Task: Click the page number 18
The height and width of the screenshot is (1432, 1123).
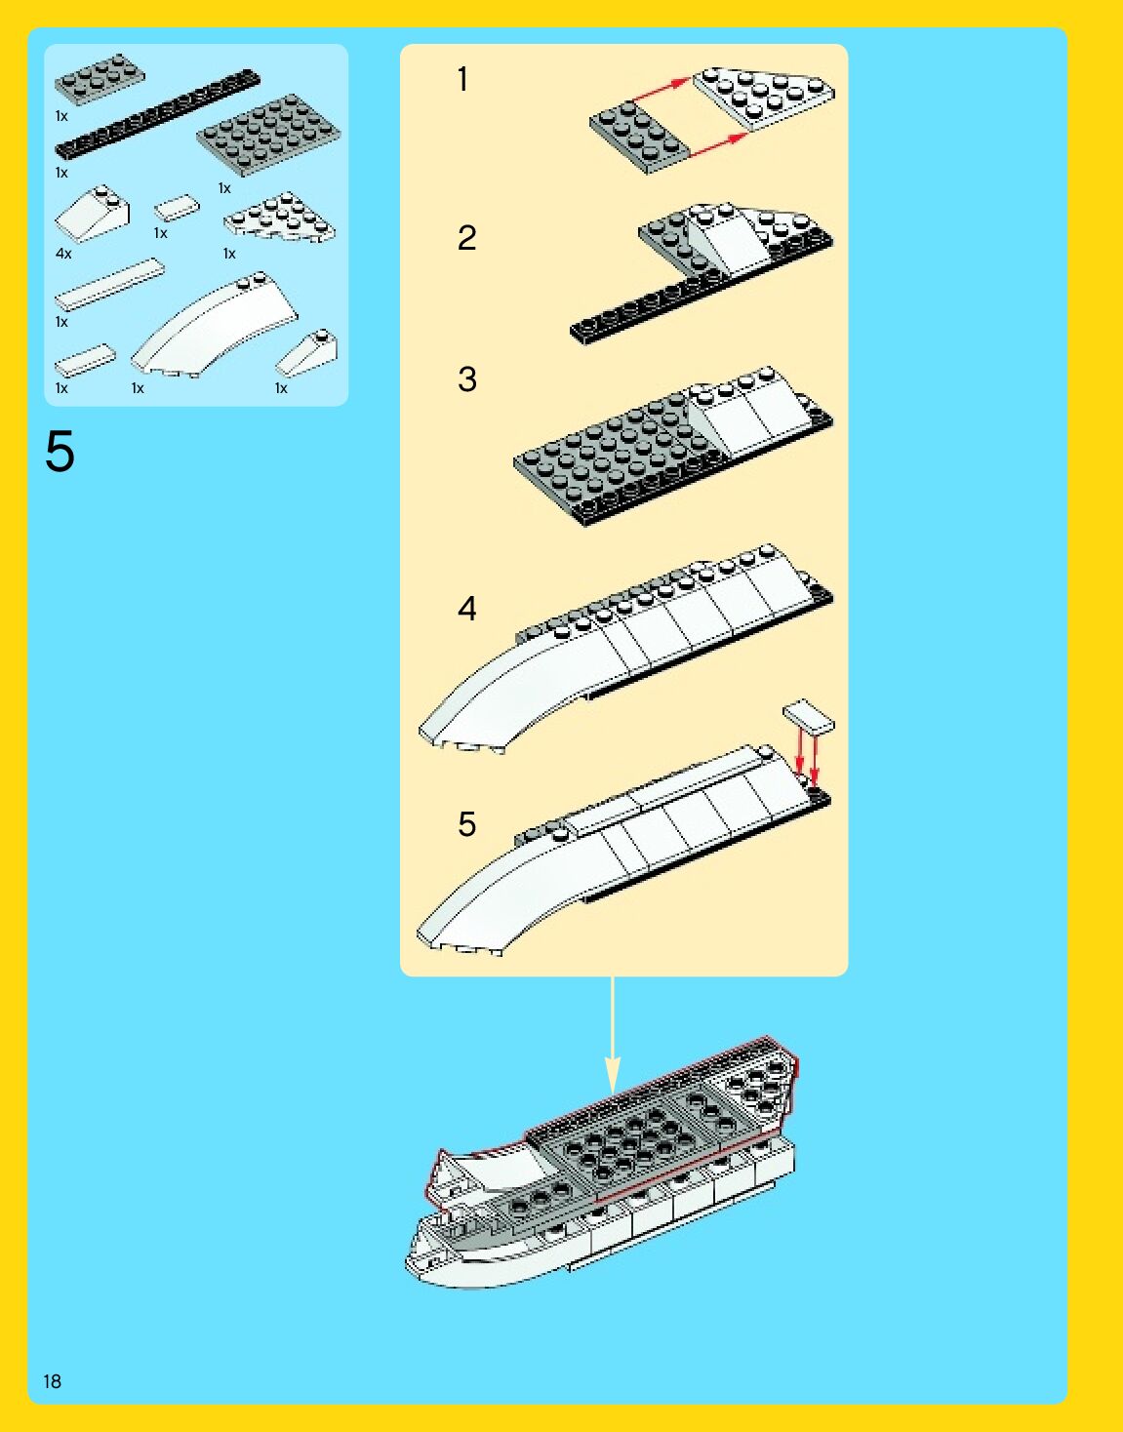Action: [x=52, y=1380]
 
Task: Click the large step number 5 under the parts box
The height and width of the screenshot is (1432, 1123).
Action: [x=60, y=453]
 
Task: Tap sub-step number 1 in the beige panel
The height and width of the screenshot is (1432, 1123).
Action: [x=462, y=79]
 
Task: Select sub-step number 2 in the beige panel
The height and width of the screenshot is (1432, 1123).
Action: [x=466, y=238]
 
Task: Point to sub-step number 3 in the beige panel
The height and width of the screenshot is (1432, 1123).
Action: [x=466, y=378]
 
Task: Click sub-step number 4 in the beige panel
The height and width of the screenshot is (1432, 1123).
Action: [x=466, y=609]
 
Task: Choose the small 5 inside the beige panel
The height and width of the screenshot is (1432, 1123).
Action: [x=466, y=824]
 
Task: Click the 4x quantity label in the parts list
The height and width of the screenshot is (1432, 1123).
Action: [x=63, y=254]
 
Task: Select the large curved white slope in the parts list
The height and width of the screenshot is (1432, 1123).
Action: [x=215, y=327]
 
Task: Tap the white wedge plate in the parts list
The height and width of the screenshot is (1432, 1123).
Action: [x=278, y=218]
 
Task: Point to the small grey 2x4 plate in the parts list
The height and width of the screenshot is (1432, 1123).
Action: [x=100, y=78]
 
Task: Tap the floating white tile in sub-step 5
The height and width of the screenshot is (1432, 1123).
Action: [x=809, y=717]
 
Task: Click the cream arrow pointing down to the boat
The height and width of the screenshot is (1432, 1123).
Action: [x=613, y=1034]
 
